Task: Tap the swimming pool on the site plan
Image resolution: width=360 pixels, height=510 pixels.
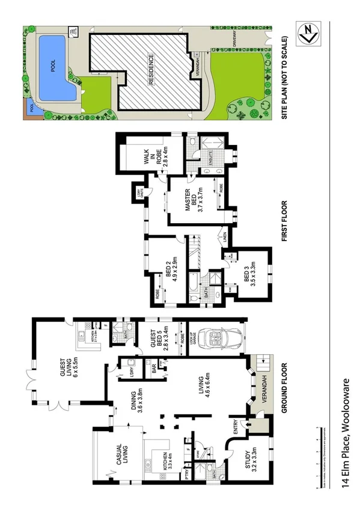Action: pos(54,67)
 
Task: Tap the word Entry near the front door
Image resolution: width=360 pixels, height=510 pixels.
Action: pos(235,426)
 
